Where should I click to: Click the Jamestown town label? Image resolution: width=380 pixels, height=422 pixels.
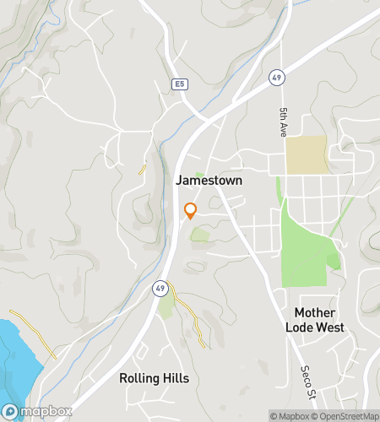click(209, 181)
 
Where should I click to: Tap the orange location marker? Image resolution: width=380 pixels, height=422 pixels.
click(190, 210)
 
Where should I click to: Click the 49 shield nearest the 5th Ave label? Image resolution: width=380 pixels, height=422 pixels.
click(276, 78)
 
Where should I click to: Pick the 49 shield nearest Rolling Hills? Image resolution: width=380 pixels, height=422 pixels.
click(160, 288)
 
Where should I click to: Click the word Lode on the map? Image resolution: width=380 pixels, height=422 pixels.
click(300, 327)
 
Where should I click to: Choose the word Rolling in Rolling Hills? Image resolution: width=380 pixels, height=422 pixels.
click(141, 377)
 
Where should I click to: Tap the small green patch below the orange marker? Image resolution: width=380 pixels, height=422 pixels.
click(199, 234)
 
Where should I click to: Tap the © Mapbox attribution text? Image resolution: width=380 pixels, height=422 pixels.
click(289, 415)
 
